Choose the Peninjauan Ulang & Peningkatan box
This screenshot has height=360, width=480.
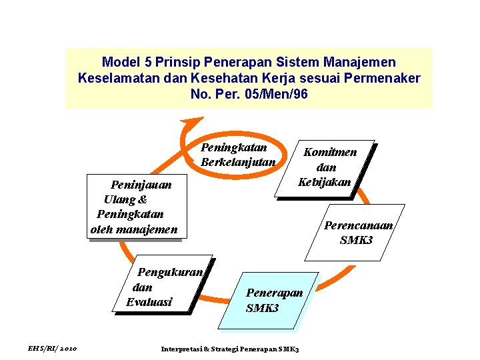[135, 207]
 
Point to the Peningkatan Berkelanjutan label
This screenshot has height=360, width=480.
[237, 155]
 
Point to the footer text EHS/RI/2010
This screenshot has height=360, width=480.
[53, 349]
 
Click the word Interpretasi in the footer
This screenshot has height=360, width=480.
[181, 349]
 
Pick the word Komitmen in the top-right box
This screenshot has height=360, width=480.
[331, 152]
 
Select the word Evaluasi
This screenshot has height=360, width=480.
[149, 302]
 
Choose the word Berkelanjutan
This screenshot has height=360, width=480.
[237, 162]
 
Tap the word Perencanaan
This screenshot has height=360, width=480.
[359, 225]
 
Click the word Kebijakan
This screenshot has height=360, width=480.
[324, 182]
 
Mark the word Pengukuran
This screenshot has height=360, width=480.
[174, 272]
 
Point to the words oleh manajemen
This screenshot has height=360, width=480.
[134, 230]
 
